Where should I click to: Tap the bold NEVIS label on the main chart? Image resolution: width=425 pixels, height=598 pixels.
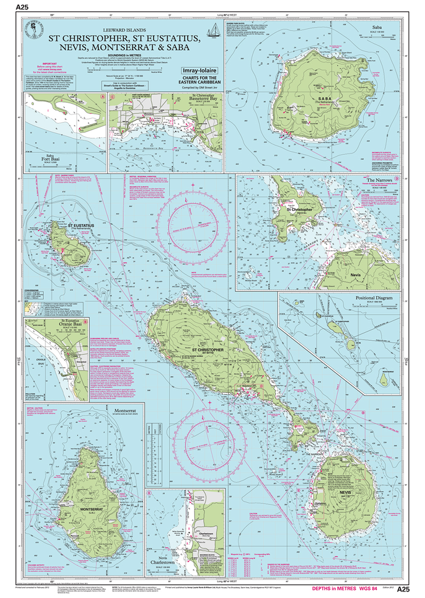(343, 492)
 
